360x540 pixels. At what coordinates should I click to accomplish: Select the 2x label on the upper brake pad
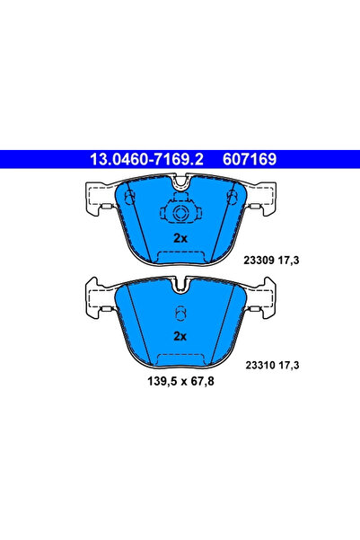(179, 239)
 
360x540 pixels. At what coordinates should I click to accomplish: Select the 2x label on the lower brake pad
(179, 336)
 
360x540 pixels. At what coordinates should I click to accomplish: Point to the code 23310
(261, 365)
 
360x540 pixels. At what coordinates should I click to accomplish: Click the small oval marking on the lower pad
(179, 314)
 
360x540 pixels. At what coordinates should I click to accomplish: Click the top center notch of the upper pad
(180, 187)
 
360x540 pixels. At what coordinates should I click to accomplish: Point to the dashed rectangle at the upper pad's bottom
(179, 256)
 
